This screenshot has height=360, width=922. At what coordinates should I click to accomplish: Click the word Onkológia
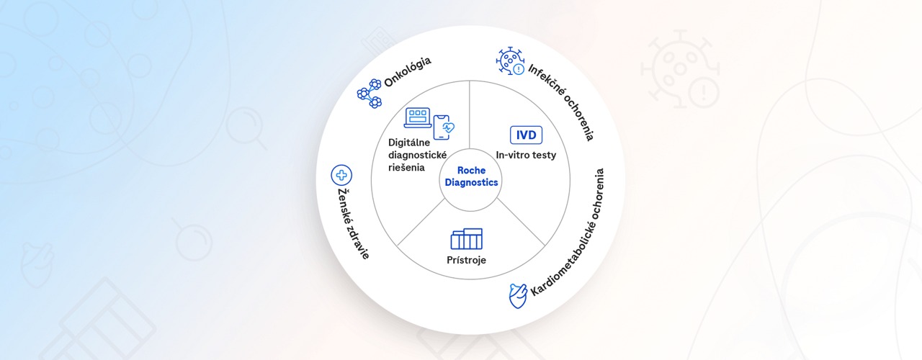[x=408, y=72]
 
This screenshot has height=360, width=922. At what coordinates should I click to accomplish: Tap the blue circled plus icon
[x=341, y=175]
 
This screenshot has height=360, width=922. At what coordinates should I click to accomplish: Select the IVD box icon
[x=526, y=135]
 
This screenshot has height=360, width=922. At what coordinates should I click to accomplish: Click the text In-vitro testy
[x=526, y=154]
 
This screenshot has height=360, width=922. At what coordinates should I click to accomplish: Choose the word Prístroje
[x=466, y=259]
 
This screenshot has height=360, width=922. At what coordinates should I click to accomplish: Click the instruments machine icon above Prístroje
[x=467, y=238]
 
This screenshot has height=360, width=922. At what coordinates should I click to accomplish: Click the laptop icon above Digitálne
[x=418, y=117]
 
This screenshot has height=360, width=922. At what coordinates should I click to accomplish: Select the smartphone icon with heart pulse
[x=445, y=127]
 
